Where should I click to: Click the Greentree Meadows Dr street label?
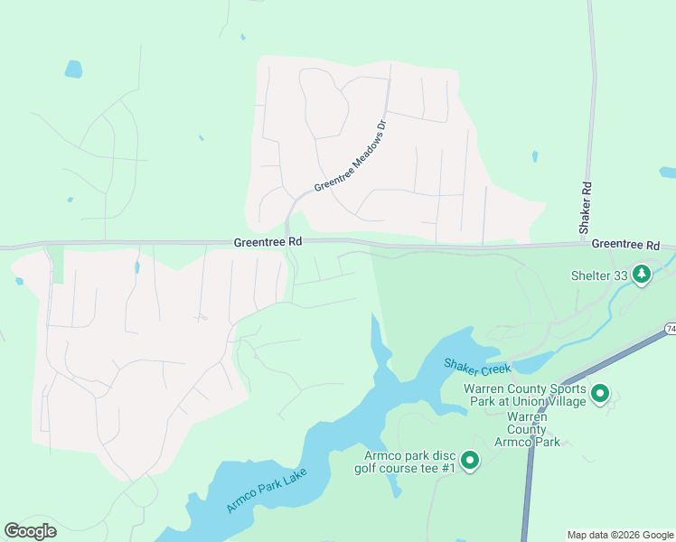click(350, 155)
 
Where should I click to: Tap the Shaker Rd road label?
click(587, 209)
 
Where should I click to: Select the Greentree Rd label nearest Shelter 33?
click(625, 245)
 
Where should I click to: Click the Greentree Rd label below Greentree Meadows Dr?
click(267, 242)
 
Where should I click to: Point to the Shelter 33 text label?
click(599, 276)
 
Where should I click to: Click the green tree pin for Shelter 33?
click(642, 273)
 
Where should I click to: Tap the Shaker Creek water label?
click(477, 366)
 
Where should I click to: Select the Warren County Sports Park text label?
click(524, 395)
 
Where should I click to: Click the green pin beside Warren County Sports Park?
click(600, 393)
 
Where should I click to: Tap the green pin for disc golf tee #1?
click(469, 461)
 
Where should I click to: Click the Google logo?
click(30, 531)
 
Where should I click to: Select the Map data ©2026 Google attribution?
click(620, 535)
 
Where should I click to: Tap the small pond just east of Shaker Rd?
click(535, 156)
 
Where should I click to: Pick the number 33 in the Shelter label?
click(619, 276)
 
